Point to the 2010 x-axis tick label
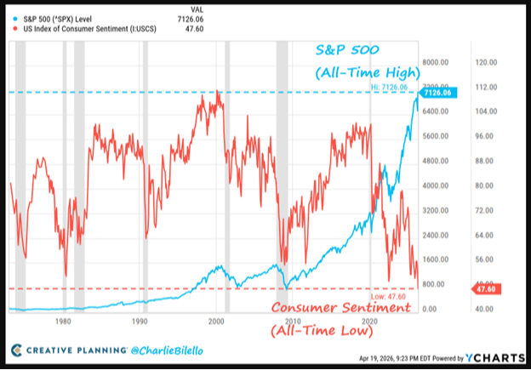[294, 322]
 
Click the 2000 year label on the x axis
[216, 322]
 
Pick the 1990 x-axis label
[139, 322]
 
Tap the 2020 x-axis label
[370, 322]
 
